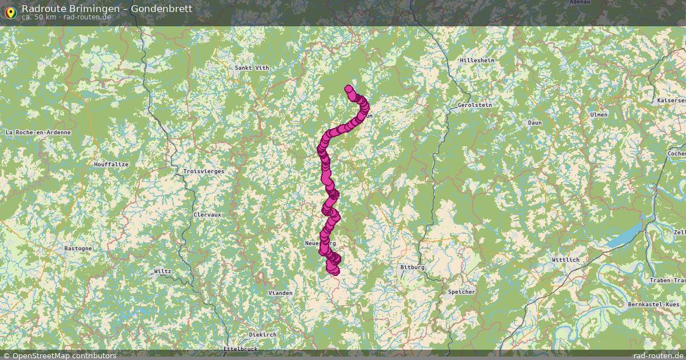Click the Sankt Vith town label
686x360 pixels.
click(252, 68)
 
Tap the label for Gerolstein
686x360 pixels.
click(474, 105)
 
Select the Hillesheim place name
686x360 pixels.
click(477, 60)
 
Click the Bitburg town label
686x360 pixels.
click(412, 267)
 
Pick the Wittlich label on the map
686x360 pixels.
click(565, 260)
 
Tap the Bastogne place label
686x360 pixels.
click(77, 249)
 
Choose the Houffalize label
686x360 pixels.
click(111, 165)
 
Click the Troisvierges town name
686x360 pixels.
click(204, 171)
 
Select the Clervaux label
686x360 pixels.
click(207, 215)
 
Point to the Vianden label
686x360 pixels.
click(280, 293)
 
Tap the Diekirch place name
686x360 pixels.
click(262, 334)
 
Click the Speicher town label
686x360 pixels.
click(461, 292)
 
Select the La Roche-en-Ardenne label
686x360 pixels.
click(38, 133)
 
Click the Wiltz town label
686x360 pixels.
click(162, 271)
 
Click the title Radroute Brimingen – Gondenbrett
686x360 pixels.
click(107, 9)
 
